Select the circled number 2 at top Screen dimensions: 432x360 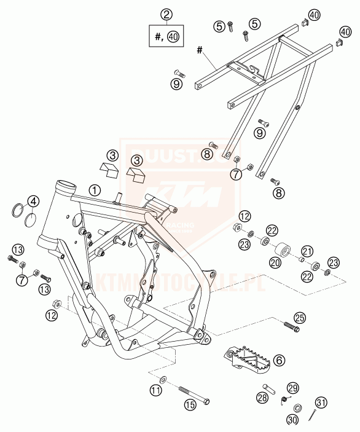pyautogui.click(x=164, y=14)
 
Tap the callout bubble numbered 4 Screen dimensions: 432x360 pyautogui.click(x=33, y=201)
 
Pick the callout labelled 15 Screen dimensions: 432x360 pyautogui.click(x=190, y=405)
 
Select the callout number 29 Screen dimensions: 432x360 pyautogui.click(x=292, y=388)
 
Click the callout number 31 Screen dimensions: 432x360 pyautogui.click(x=322, y=403)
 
